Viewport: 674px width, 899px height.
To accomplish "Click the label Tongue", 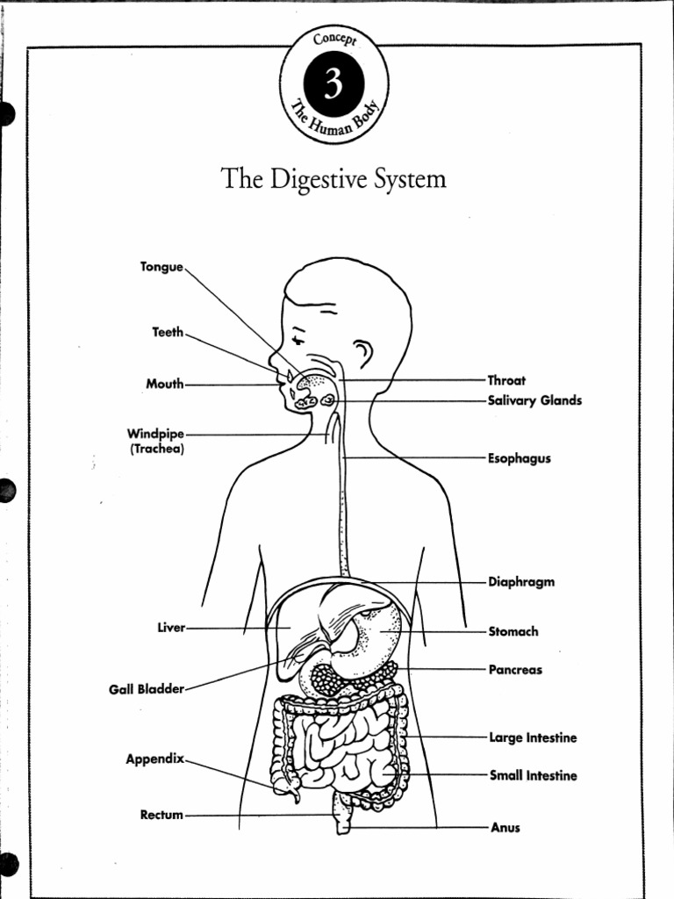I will [x=161, y=266].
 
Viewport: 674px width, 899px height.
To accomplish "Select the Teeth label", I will [x=168, y=332].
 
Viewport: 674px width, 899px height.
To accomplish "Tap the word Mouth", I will [x=165, y=384].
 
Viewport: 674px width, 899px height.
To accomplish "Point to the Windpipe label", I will [x=155, y=434].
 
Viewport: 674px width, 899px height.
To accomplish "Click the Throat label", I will [x=506, y=380].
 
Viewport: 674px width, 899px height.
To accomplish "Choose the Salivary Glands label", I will [x=534, y=400].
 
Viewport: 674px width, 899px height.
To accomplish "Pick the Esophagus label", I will [x=519, y=458].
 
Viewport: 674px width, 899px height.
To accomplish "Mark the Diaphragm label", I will [x=520, y=582].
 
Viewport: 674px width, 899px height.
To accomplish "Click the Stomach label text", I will [x=513, y=631].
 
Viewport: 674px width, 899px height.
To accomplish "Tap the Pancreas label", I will [x=515, y=670].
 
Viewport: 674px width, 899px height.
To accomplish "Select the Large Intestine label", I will [x=533, y=737].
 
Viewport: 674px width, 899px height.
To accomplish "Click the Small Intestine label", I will [x=533, y=775].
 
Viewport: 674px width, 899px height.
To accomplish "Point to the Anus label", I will [x=505, y=827].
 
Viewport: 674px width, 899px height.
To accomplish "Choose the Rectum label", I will [x=162, y=815].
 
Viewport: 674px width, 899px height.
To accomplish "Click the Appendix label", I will [x=155, y=758].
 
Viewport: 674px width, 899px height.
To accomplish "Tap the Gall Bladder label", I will [x=147, y=689].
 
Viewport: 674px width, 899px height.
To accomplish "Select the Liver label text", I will [x=171, y=628].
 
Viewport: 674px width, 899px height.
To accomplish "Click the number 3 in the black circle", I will [x=333, y=85].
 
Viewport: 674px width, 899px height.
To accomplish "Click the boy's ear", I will [x=362, y=354].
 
